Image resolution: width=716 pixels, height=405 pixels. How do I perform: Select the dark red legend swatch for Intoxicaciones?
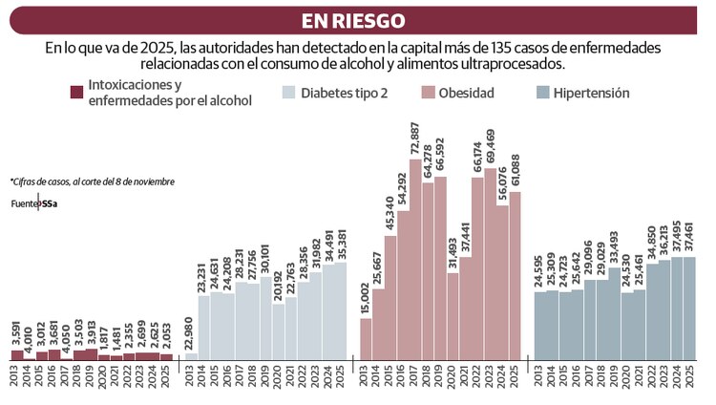click(x=75, y=93)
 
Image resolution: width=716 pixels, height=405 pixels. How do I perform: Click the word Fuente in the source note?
click(x=24, y=202)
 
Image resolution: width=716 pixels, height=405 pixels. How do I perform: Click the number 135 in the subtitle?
click(x=516, y=47)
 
